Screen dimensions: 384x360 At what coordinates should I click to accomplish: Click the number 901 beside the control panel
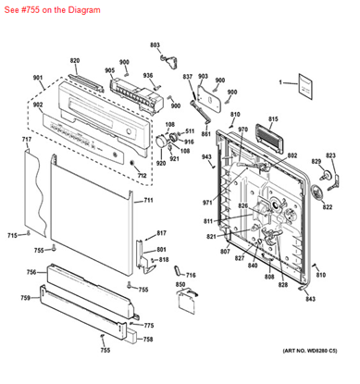point(37,80)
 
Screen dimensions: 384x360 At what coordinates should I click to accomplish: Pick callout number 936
point(147,76)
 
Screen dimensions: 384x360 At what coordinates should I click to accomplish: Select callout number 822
point(327,207)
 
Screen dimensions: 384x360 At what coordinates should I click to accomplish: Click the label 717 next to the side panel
point(27,140)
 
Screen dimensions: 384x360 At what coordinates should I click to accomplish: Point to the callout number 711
point(147,201)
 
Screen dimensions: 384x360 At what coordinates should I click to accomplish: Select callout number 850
point(181,285)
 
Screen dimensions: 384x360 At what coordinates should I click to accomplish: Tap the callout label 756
point(31,272)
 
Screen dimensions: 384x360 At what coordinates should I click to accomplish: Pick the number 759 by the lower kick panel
point(25,297)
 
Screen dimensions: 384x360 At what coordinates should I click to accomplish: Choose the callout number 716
point(191,276)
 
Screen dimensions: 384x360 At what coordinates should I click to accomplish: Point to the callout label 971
point(207,201)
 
